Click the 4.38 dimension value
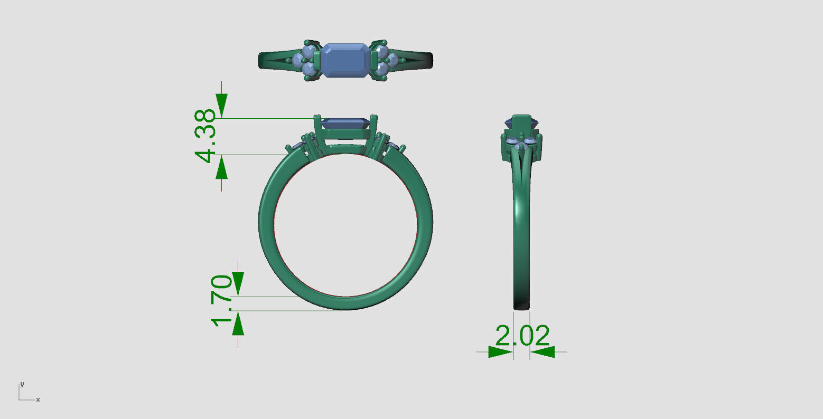click(205, 136)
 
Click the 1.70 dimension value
click(222, 300)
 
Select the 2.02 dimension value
click(522, 336)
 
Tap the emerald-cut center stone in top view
click(345, 60)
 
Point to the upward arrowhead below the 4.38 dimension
click(221, 168)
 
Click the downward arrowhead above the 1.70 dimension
click(238, 282)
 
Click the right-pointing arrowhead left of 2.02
click(500, 351)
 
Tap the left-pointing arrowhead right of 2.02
click(543, 351)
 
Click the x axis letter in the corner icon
click(38, 400)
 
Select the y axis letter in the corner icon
click(22, 384)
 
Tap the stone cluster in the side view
click(521, 145)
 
